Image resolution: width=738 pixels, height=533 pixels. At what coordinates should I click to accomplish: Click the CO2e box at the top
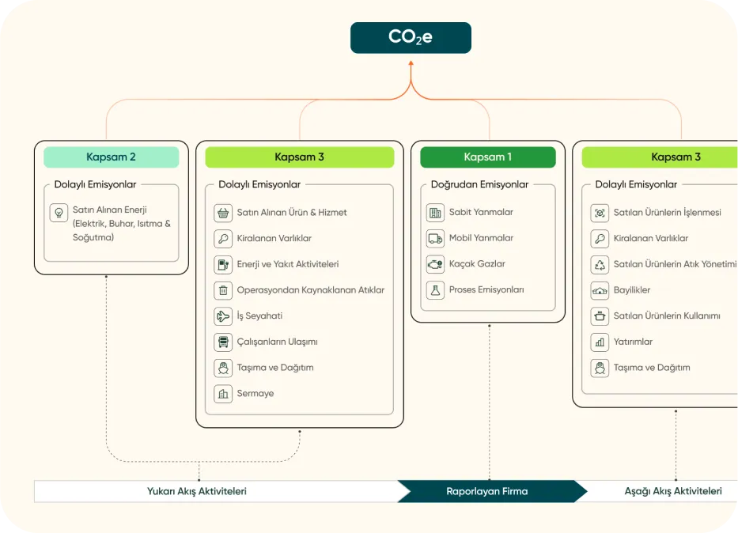tap(411, 38)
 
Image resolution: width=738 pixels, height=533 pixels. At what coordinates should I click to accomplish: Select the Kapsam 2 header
tap(111, 157)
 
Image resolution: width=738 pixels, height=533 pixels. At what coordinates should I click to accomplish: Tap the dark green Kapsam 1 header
tap(487, 157)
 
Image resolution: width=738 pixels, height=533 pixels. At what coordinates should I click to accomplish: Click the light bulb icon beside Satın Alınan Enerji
tap(59, 213)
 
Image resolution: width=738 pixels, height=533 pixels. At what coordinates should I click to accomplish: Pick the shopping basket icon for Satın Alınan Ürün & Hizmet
tap(223, 213)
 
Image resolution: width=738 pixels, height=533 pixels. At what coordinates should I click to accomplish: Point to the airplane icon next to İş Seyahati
tap(223, 316)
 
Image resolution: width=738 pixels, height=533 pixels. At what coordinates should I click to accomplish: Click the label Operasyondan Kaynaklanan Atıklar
tap(311, 290)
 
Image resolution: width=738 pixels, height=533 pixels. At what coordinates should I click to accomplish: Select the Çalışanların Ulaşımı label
tap(277, 342)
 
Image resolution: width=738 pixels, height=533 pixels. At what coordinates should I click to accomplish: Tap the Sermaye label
tap(255, 393)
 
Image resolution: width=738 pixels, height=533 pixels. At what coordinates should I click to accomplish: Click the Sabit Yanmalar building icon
tap(435, 213)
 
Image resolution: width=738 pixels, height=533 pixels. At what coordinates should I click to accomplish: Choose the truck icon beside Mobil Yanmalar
tap(435, 239)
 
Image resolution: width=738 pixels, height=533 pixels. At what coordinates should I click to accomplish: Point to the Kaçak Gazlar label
tap(477, 264)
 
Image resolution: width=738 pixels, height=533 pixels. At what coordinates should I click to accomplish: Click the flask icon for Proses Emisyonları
tap(435, 290)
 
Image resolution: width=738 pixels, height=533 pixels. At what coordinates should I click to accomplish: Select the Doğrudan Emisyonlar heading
tap(479, 184)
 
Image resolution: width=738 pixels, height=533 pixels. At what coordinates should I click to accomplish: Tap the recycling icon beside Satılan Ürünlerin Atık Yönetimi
tap(600, 264)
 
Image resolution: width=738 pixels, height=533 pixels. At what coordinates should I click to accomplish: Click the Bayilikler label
tap(632, 290)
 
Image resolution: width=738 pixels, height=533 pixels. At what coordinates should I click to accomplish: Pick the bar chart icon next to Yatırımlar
tap(600, 342)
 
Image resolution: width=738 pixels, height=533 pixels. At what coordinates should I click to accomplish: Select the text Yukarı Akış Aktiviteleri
tap(197, 492)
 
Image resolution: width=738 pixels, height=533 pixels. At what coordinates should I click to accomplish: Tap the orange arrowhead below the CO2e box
tap(411, 62)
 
